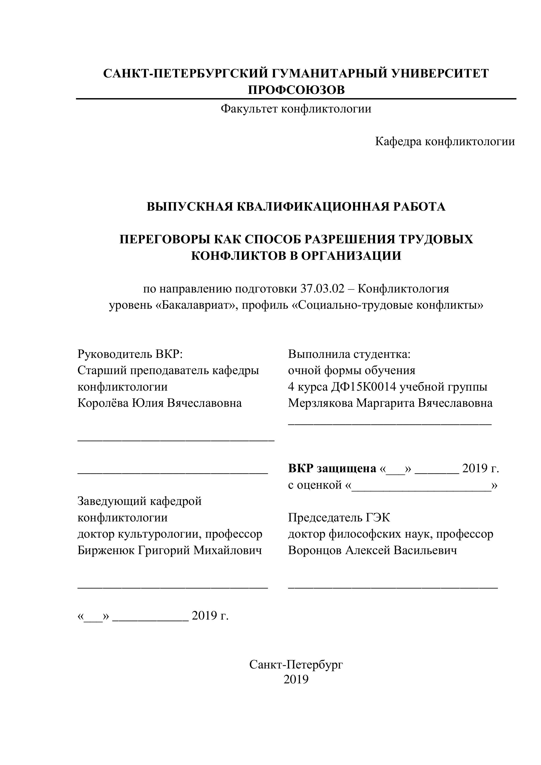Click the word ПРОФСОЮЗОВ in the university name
tap(296, 90)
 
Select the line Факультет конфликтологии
tap(296, 109)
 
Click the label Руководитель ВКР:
tap(130, 354)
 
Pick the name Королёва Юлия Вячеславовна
tap(160, 403)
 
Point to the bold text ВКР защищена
tap(332, 469)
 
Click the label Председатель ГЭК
tap(339, 517)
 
